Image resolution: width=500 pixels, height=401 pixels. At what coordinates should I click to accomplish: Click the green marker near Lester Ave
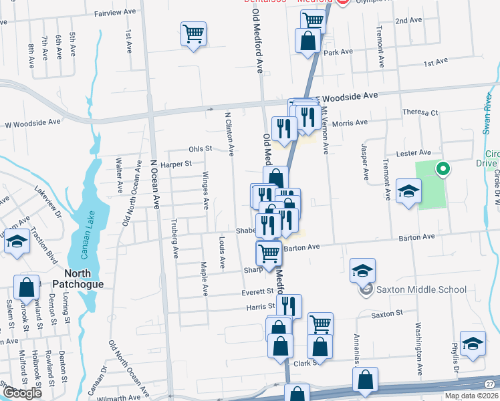click(441, 169)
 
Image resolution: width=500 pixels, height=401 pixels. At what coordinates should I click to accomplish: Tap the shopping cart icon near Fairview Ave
click(193, 33)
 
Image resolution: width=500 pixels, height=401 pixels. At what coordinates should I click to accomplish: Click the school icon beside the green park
click(408, 192)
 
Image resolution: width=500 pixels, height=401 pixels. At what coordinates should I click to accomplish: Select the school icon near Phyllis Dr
click(473, 344)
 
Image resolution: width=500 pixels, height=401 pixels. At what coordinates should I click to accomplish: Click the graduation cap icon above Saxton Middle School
click(362, 269)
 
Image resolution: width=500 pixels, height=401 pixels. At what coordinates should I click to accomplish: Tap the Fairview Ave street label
click(115, 13)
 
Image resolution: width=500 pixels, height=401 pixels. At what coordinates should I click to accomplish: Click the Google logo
click(22, 393)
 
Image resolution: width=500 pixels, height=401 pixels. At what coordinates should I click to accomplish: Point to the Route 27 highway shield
click(491, 382)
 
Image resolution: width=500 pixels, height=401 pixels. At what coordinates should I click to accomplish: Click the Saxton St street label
click(387, 313)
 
